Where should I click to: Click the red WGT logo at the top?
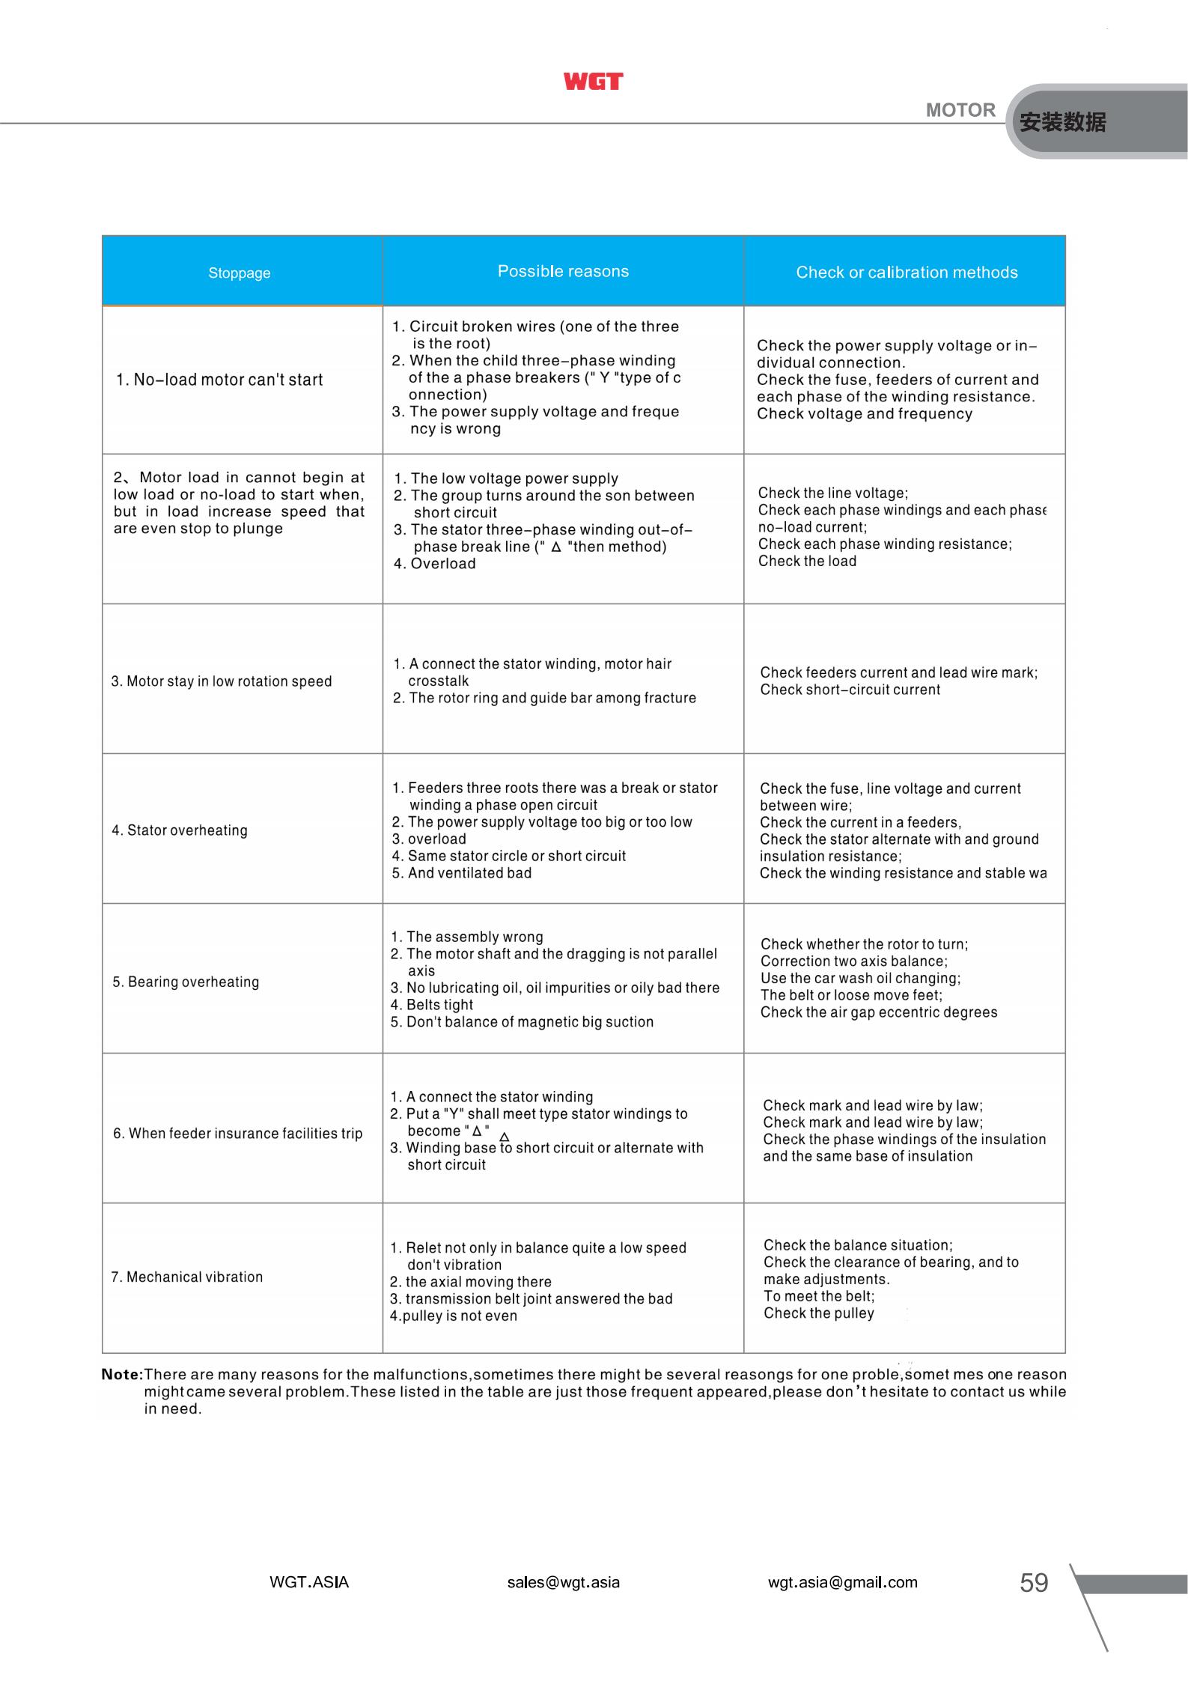tap(593, 82)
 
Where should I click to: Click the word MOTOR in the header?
tap(960, 110)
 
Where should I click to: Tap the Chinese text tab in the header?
tap(1062, 122)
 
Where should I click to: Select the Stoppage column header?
tap(240, 273)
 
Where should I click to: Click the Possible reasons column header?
tap(563, 272)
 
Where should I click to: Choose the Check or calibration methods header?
tap(907, 273)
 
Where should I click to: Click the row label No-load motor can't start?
tap(219, 380)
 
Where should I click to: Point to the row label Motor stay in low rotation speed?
tap(222, 681)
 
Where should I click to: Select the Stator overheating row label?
tap(180, 830)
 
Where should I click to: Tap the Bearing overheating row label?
tap(186, 982)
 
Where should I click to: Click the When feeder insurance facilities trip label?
tap(238, 1134)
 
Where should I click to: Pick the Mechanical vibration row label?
tap(187, 1277)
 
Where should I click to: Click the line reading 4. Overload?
tap(435, 564)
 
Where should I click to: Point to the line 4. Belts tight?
tap(432, 1005)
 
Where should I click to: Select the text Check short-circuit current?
tap(850, 690)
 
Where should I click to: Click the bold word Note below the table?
tap(121, 1375)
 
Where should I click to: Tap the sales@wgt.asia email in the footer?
tap(563, 1582)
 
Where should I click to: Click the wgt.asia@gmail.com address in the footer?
tap(842, 1582)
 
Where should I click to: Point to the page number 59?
tap(1034, 1583)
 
